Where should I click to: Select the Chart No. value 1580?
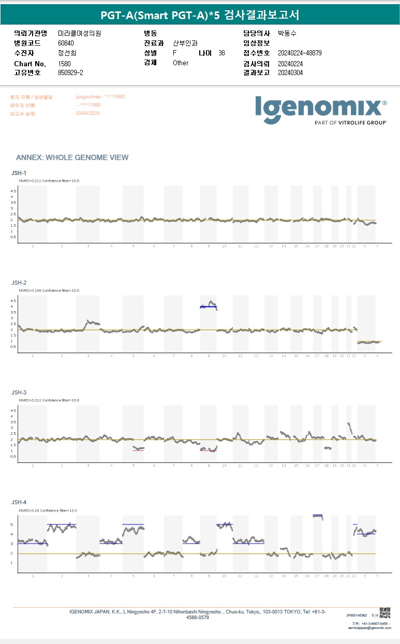point(64,64)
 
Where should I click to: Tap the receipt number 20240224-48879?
point(300,53)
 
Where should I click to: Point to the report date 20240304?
point(290,72)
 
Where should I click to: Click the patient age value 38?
point(221,53)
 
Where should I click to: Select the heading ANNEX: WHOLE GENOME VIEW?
point(72,157)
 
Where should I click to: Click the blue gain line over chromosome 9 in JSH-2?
point(208,307)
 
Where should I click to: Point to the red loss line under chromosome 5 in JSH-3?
point(138,450)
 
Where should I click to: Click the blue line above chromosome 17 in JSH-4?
point(318,515)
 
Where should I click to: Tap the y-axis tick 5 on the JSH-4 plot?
point(12,524)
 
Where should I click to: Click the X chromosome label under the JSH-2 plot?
point(365,356)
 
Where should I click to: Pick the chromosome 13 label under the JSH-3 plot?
point(270,465)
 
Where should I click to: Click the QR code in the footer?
point(385,612)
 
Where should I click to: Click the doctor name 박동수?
point(287,33)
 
